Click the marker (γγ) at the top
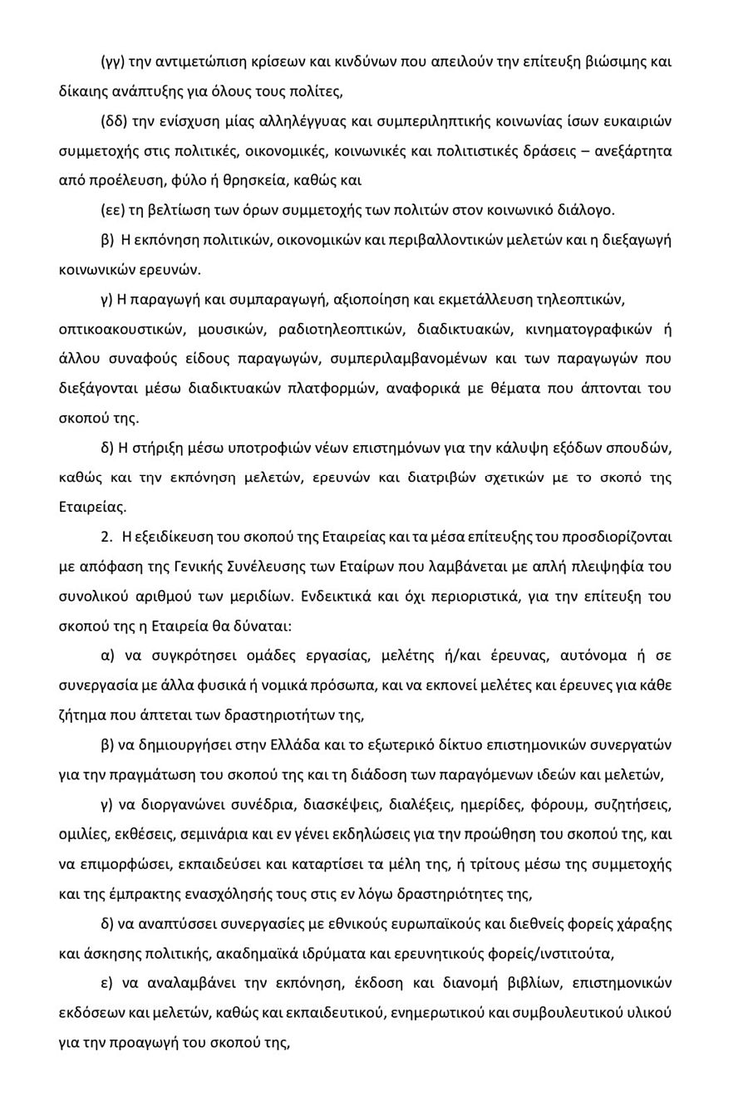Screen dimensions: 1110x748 click(113, 61)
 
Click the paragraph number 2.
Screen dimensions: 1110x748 click(106, 537)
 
